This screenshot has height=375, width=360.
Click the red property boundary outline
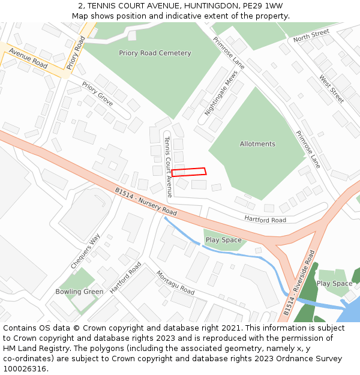tap(189, 172)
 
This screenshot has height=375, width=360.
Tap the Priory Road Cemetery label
tap(155, 53)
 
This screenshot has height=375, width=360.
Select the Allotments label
tap(257, 144)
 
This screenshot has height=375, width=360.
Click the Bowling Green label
tap(79, 292)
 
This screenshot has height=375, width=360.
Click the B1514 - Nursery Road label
tap(146, 202)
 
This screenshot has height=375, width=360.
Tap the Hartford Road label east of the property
tap(265, 219)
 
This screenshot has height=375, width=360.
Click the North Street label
tap(311, 35)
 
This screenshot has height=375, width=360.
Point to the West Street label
tap(331, 89)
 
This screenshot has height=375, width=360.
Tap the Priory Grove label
tap(97, 95)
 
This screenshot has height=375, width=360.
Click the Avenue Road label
tap(28, 58)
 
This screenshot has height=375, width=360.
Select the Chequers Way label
tap(85, 250)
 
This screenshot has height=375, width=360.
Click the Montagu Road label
tap(175, 283)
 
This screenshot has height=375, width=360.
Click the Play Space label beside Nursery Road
tap(223, 240)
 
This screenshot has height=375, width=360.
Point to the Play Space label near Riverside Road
tap(334, 283)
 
